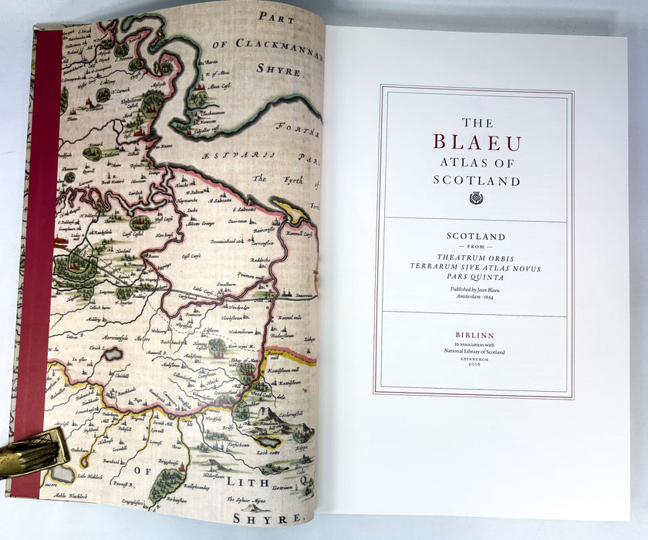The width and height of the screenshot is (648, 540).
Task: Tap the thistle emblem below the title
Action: coord(476,198)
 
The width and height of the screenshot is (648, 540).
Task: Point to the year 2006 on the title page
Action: coord(474,364)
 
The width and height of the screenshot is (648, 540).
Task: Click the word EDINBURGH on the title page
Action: coord(474,358)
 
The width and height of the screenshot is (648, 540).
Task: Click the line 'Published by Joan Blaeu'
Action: coord(475,289)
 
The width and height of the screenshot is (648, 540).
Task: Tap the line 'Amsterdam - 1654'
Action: coord(475,296)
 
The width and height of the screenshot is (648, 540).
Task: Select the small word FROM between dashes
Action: coord(475,247)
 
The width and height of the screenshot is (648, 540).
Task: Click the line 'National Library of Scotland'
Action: coord(475,351)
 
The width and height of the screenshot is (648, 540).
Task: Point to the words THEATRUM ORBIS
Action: coord(475,258)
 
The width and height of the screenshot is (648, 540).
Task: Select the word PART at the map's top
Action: coord(277,16)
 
